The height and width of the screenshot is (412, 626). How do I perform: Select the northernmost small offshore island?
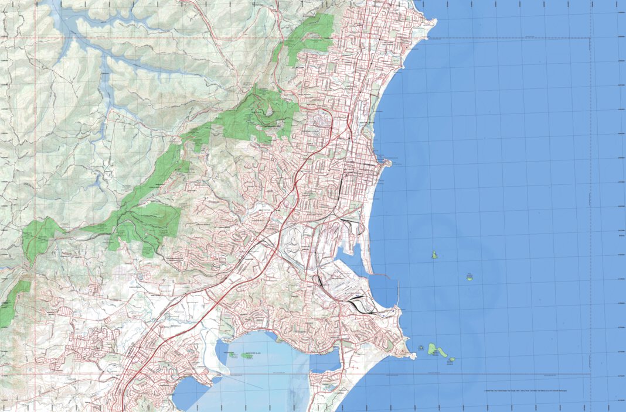(x=434, y=255)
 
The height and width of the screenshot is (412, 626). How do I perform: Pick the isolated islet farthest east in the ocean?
(x=469, y=277)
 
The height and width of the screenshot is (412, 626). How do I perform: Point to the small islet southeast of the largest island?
(x=452, y=359)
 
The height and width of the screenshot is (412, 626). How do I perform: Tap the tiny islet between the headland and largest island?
(x=422, y=349)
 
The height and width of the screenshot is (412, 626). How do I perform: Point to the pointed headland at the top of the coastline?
(x=434, y=23)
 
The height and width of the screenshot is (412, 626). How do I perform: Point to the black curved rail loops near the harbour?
(x=355, y=303)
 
